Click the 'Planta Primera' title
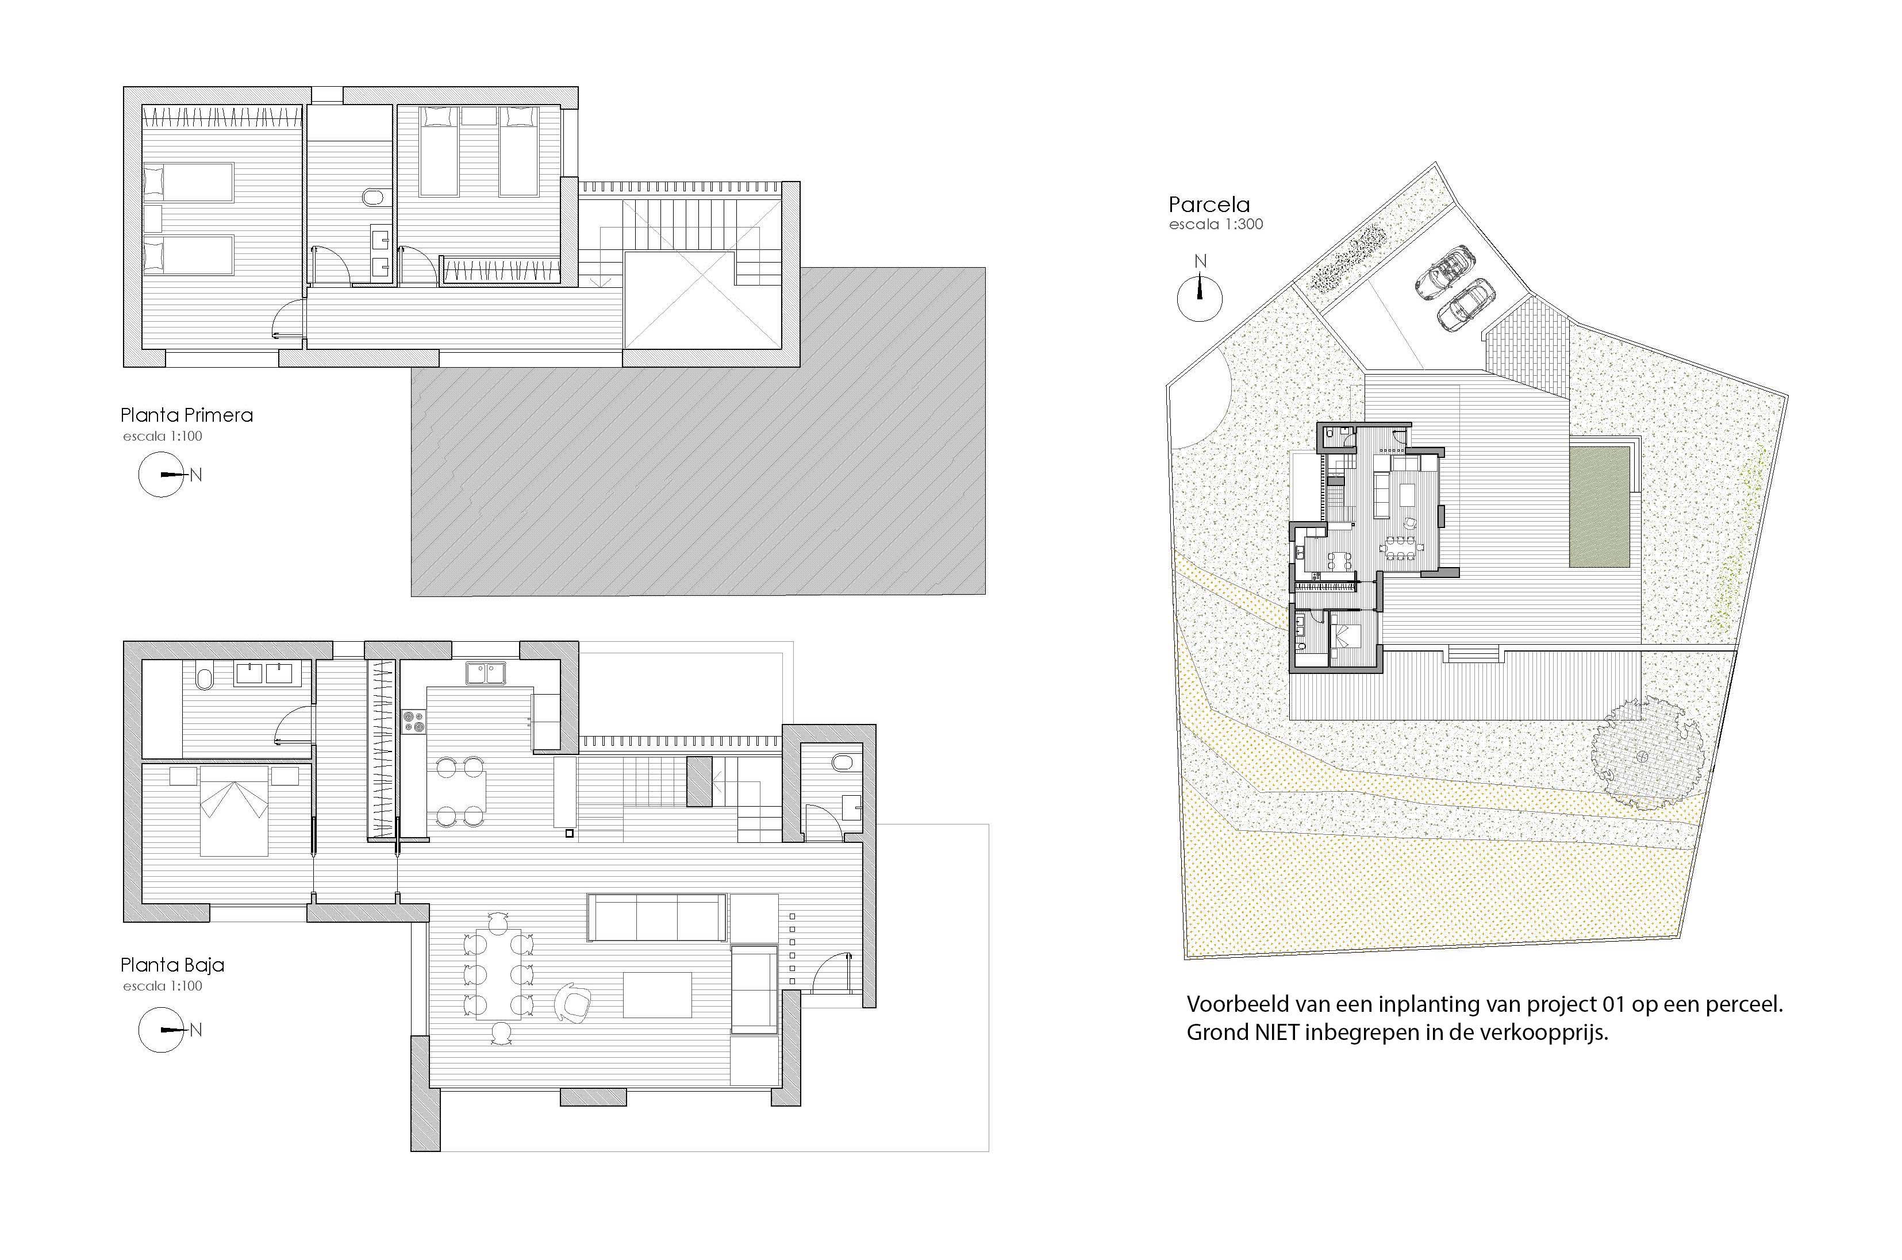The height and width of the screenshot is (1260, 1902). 186,415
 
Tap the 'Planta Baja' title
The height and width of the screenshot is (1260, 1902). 172,965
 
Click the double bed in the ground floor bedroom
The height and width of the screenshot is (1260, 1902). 234,810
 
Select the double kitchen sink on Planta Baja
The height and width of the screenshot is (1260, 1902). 486,673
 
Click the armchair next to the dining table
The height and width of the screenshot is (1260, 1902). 573,1002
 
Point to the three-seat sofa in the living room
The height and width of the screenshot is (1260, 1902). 658,917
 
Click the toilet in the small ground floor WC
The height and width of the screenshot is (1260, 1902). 843,762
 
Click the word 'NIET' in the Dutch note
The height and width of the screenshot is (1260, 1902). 1277,1032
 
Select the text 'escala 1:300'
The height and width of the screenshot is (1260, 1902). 1216,224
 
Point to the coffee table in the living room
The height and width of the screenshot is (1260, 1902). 658,994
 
